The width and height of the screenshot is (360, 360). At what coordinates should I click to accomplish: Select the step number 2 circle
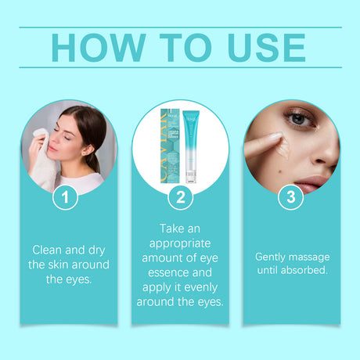180,198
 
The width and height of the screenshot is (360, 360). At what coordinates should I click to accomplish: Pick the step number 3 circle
290,198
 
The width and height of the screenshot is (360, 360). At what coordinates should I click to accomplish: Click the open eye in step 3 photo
301,120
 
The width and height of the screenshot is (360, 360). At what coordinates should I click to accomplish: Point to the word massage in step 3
310,257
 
